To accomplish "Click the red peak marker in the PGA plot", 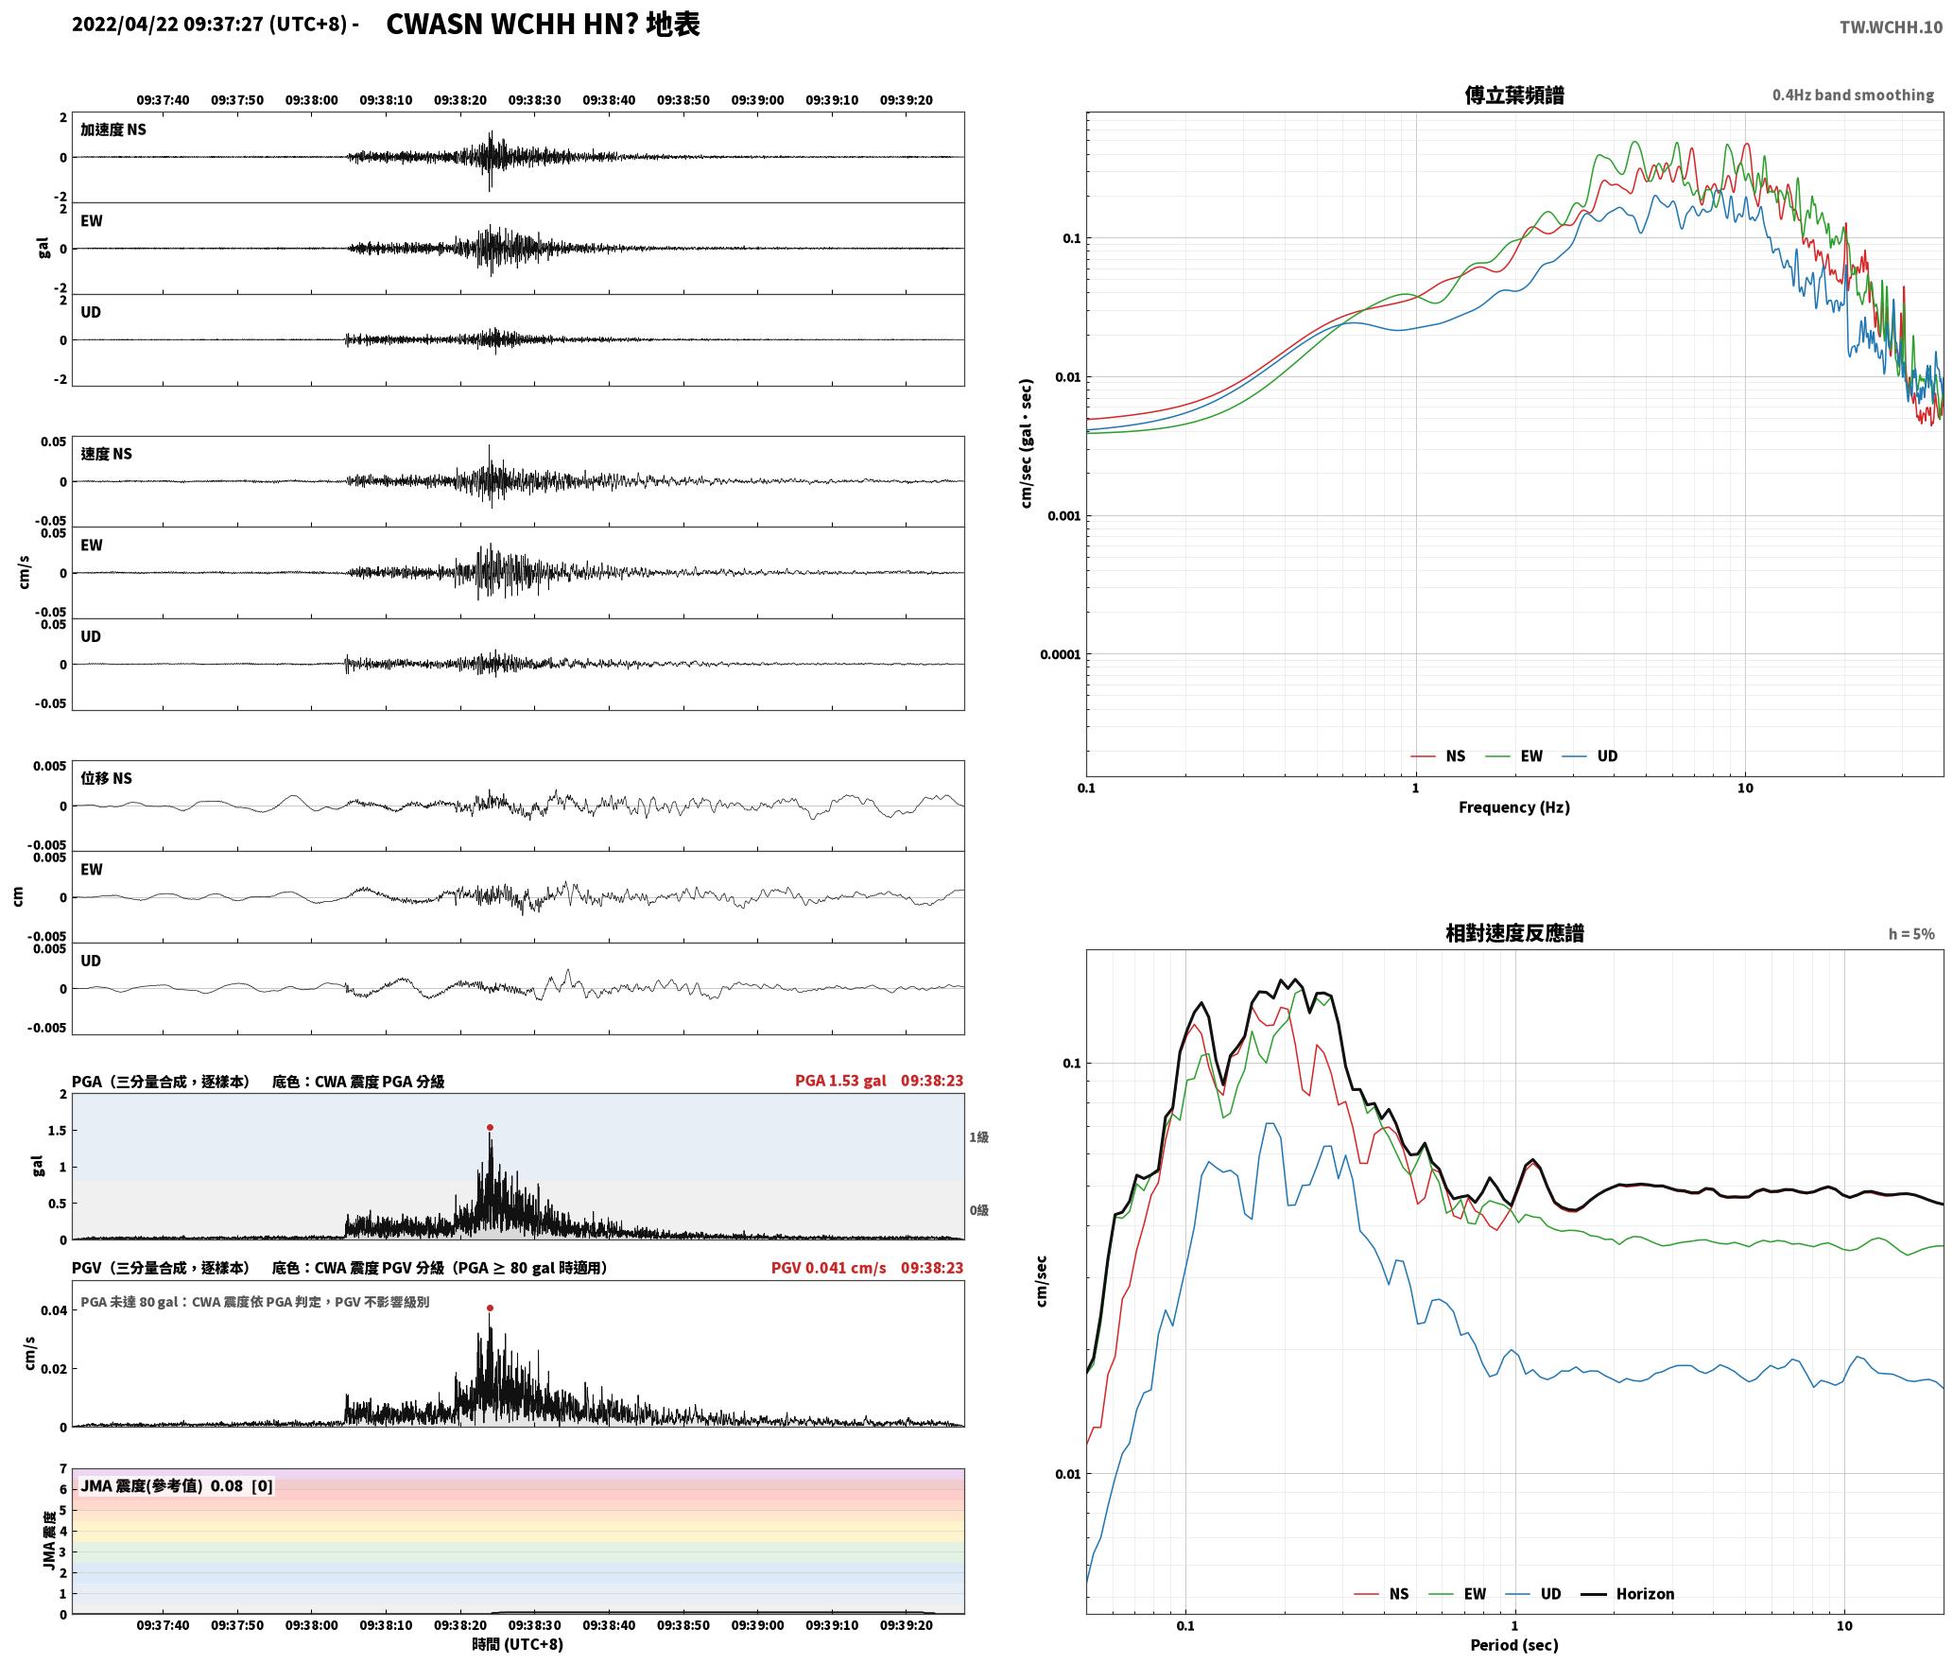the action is [x=490, y=1127].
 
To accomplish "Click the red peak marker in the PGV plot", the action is [x=490, y=1308].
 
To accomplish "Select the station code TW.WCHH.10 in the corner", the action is [x=1891, y=27].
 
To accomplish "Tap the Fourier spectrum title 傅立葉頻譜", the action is [x=1513, y=95].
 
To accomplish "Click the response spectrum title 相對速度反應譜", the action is [x=1514, y=933].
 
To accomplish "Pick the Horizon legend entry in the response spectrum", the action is [x=1628, y=1594].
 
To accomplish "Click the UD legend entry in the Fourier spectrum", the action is [x=1590, y=755].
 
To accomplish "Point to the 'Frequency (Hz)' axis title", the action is [x=1513, y=806].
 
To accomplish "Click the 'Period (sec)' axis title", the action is [x=1513, y=1645].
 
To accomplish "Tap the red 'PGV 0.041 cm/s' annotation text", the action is [x=829, y=1268].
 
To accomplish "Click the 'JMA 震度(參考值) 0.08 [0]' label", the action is [x=177, y=1485].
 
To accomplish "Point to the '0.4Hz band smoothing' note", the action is [x=1853, y=95].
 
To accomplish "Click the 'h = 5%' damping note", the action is [x=1911, y=934].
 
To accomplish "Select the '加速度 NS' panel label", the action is [x=113, y=130].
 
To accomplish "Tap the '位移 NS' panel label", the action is [x=107, y=778].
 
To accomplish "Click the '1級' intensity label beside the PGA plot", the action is [x=978, y=1137].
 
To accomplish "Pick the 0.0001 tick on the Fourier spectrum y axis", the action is [x=1060, y=654].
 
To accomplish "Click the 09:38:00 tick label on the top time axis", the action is [x=311, y=100].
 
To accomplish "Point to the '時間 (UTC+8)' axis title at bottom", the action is [x=518, y=1644].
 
